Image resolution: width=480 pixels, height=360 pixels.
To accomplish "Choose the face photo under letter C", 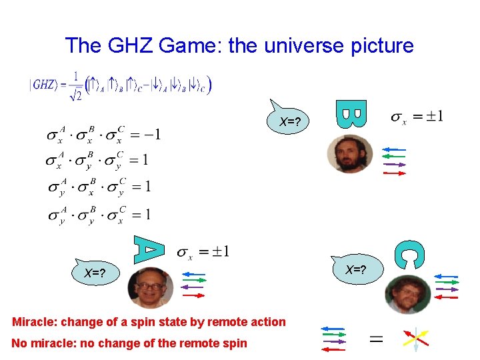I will click(x=406, y=294).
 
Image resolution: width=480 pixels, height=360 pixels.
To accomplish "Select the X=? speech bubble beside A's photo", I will click(x=95, y=272).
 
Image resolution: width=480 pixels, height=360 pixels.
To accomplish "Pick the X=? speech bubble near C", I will click(x=355, y=270).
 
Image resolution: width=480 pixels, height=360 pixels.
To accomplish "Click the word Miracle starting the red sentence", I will click(x=35, y=322).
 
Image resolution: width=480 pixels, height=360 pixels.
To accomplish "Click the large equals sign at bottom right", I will click(x=376, y=339).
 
